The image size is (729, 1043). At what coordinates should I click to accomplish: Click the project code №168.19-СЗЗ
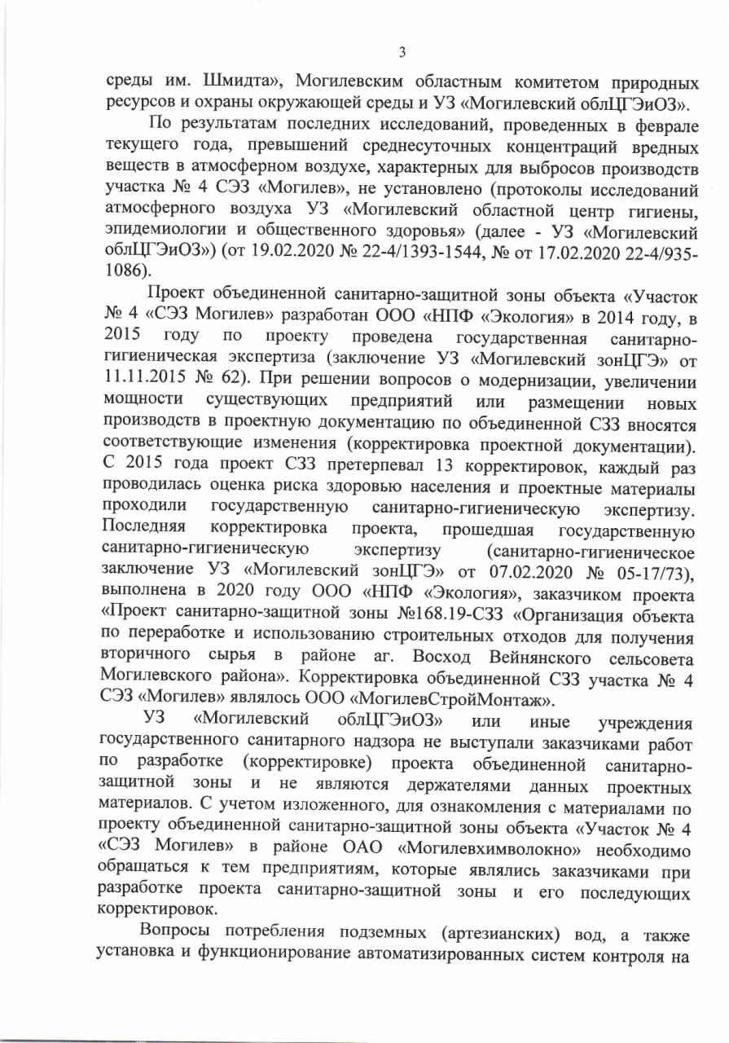[444, 617]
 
